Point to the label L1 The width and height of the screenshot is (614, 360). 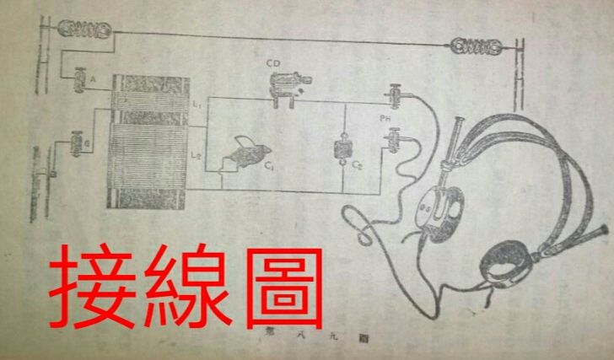tap(196, 102)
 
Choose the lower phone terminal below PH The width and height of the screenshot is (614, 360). tap(393, 135)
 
